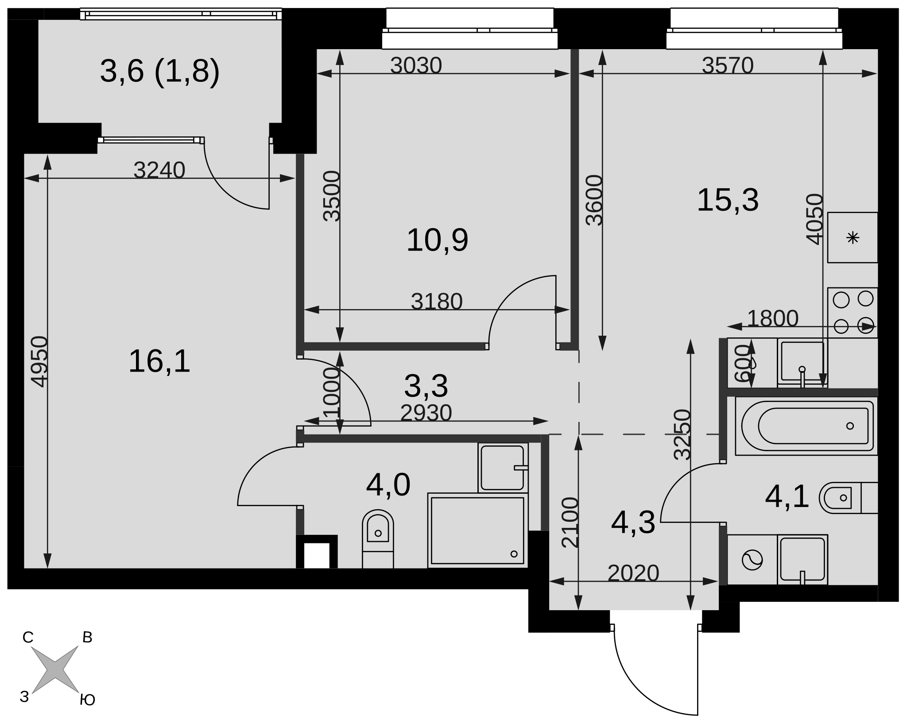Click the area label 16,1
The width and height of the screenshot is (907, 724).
pyautogui.click(x=159, y=361)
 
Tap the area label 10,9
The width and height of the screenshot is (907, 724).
pyautogui.click(x=437, y=241)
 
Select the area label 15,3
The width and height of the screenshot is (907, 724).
pyautogui.click(x=728, y=201)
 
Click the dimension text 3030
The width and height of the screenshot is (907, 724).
pyautogui.click(x=416, y=66)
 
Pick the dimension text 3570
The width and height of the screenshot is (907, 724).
pyautogui.click(x=728, y=66)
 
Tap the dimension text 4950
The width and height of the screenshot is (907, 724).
pyautogui.click(x=40, y=362)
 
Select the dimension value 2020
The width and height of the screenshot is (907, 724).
pyautogui.click(x=633, y=573)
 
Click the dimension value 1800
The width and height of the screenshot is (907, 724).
pyautogui.click(x=773, y=318)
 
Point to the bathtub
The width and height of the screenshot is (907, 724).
pyautogui.click(x=806, y=426)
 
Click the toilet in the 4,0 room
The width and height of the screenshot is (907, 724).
pyautogui.click(x=378, y=538)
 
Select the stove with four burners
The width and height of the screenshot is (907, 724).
pyautogui.click(x=853, y=313)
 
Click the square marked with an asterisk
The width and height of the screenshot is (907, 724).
pyautogui.click(x=853, y=238)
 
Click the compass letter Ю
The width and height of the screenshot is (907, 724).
pyautogui.click(x=88, y=700)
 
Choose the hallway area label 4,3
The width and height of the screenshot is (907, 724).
pyautogui.click(x=633, y=523)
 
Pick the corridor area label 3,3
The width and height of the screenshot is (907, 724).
pyautogui.click(x=426, y=386)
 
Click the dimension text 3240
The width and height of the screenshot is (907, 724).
pyautogui.click(x=159, y=170)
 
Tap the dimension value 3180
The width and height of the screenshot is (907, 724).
pyautogui.click(x=437, y=302)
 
